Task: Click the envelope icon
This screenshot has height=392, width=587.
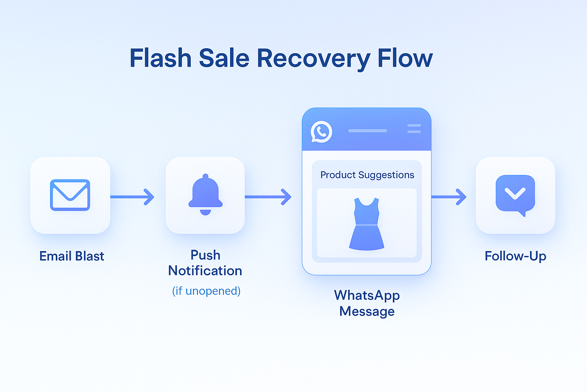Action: click(x=70, y=195)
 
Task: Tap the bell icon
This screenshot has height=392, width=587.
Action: click(x=206, y=194)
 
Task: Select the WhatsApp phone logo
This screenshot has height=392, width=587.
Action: click(x=321, y=132)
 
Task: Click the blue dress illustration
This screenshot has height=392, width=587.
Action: click(x=366, y=224)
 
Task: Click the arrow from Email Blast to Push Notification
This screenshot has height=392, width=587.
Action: click(x=132, y=197)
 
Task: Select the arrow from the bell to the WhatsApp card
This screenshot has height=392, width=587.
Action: click(x=268, y=197)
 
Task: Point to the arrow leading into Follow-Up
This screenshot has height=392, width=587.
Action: click(x=449, y=197)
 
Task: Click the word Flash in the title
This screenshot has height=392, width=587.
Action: click(x=161, y=58)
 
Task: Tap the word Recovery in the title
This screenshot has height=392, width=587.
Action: click(x=313, y=59)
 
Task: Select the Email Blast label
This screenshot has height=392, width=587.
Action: click(x=71, y=256)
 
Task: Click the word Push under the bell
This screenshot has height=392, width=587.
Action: click(x=206, y=255)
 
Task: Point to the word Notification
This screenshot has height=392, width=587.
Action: click(x=205, y=271)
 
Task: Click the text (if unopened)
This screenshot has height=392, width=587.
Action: click(x=206, y=291)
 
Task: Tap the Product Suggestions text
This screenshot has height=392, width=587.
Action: click(x=367, y=175)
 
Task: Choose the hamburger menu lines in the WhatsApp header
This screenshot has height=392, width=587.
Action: click(x=414, y=129)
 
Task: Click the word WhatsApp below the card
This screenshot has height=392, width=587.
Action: click(x=367, y=296)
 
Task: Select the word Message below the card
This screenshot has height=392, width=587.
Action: click(x=367, y=311)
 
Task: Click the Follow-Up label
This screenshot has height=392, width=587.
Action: click(x=516, y=256)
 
